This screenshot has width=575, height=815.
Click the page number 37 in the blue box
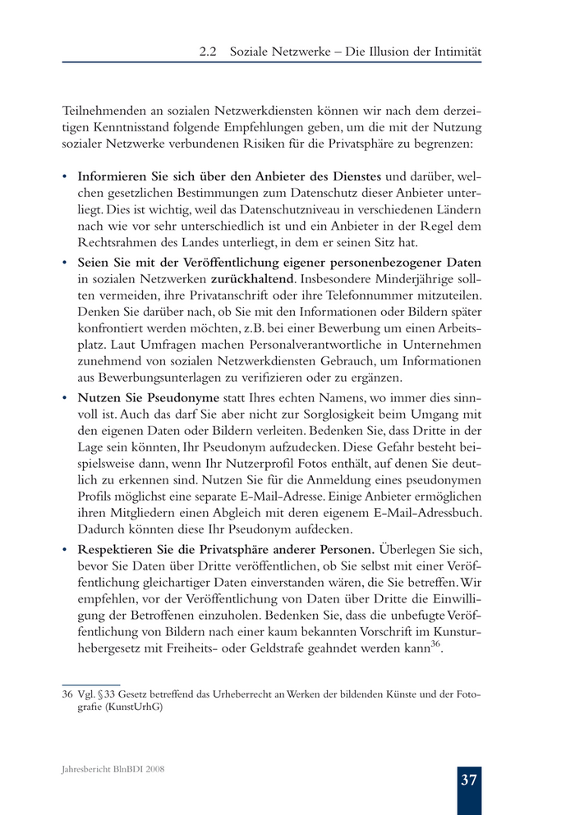click(469, 780)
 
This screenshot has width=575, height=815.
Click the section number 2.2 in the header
click(208, 51)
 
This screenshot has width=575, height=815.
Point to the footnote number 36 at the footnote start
click(67, 694)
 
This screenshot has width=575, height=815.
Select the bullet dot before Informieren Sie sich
click(65, 176)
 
